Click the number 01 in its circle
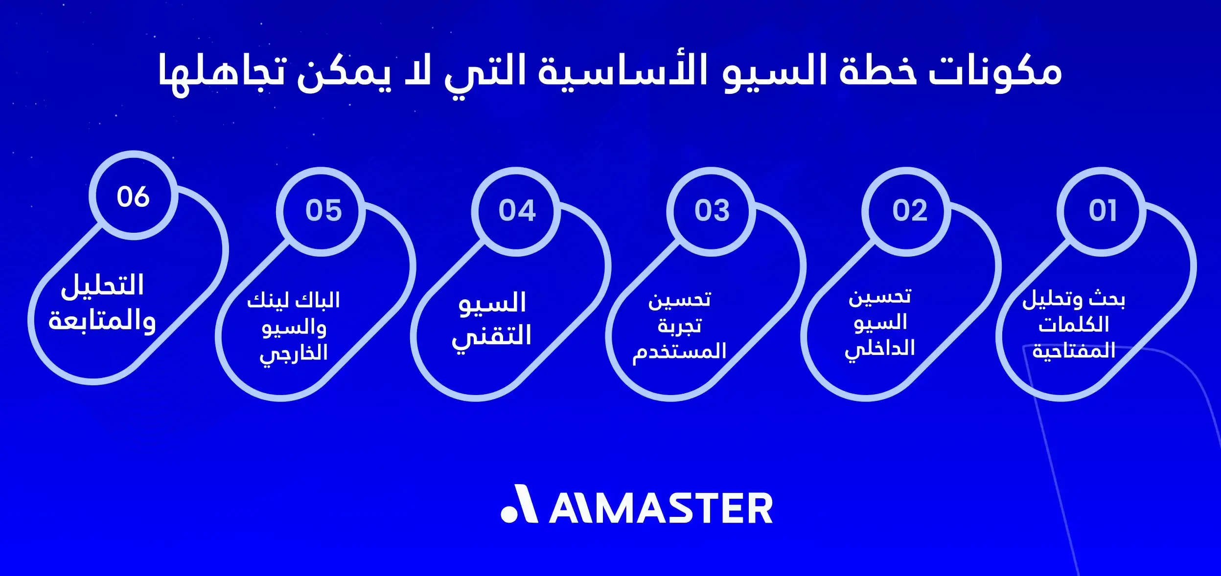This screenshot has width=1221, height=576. (1103, 211)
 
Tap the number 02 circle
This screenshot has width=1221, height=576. (909, 211)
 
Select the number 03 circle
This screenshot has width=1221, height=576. (712, 211)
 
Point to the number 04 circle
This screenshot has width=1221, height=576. (517, 211)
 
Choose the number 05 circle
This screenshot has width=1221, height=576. (323, 211)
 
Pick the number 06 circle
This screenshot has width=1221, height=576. (133, 197)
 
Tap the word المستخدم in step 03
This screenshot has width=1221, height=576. (679, 351)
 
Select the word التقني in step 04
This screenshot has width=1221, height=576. (491, 337)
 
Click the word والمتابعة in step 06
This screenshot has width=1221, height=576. (102, 321)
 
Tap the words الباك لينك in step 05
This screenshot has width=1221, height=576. (293, 300)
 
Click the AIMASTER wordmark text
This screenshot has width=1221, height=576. (661, 509)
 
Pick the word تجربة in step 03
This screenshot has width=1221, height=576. (679, 326)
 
